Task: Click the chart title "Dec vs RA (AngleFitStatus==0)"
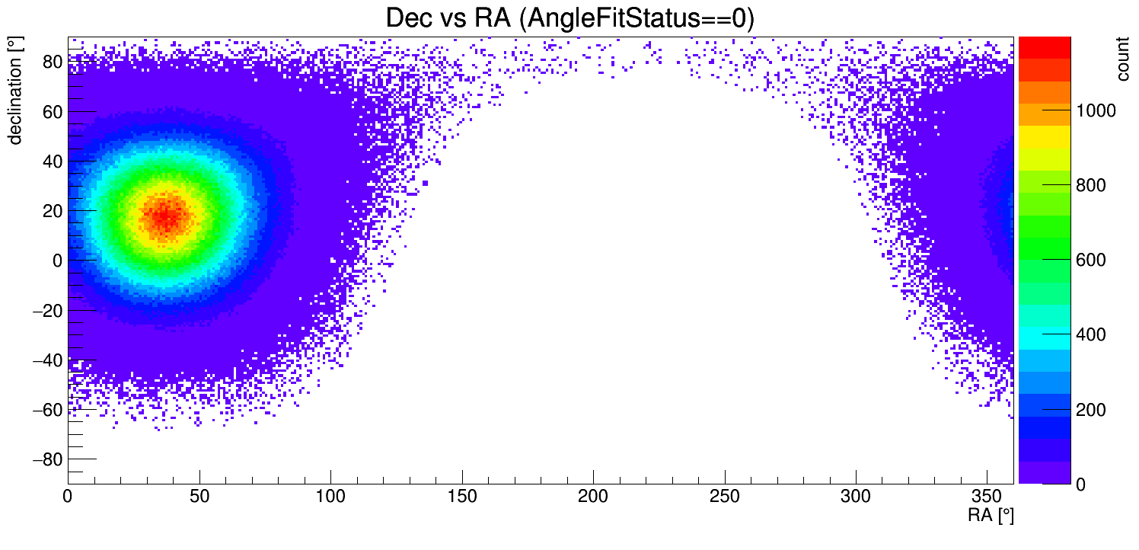pos(569,18)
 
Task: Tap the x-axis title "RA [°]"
pos(991,516)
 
